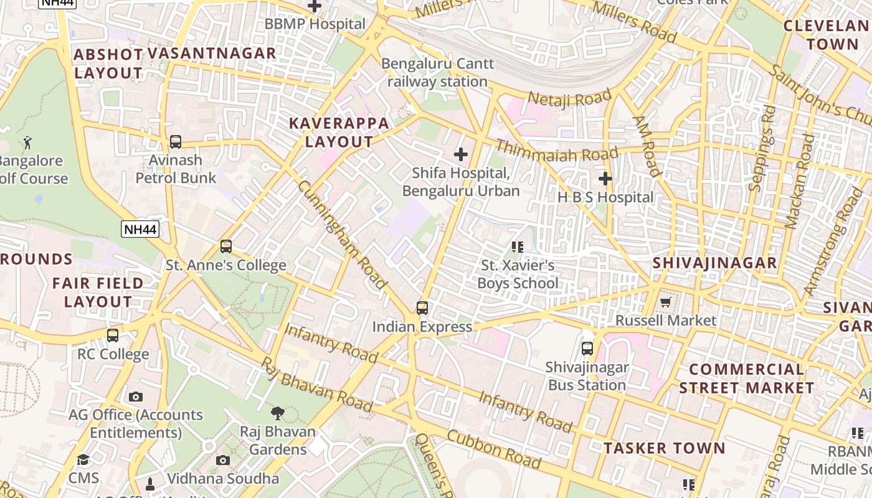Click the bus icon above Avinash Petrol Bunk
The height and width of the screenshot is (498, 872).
(x=176, y=142)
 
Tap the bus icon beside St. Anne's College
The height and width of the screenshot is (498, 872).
(x=226, y=247)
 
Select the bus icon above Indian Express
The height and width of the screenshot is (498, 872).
(x=422, y=308)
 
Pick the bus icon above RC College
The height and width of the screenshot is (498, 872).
(x=113, y=336)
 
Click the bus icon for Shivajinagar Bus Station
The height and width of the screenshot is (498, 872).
(x=587, y=349)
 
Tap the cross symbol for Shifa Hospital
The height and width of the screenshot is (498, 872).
(x=461, y=154)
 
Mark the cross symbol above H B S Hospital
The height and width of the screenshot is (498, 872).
(x=605, y=179)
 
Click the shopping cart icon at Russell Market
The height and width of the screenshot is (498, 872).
(x=666, y=302)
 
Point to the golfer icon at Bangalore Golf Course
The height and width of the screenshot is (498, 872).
(x=27, y=143)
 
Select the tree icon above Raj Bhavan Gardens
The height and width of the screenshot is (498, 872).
(x=278, y=412)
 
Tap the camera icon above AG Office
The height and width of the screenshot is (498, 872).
(x=136, y=397)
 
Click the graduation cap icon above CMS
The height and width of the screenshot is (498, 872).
(x=83, y=460)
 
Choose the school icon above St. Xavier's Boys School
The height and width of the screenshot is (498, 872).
(x=517, y=247)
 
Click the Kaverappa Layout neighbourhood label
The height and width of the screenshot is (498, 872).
(x=339, y=132)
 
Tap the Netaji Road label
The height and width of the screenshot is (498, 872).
(x=570, y=98)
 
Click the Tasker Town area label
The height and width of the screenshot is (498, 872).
(x=665, y=448)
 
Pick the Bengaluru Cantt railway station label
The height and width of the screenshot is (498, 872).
(x=437, y=72)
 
